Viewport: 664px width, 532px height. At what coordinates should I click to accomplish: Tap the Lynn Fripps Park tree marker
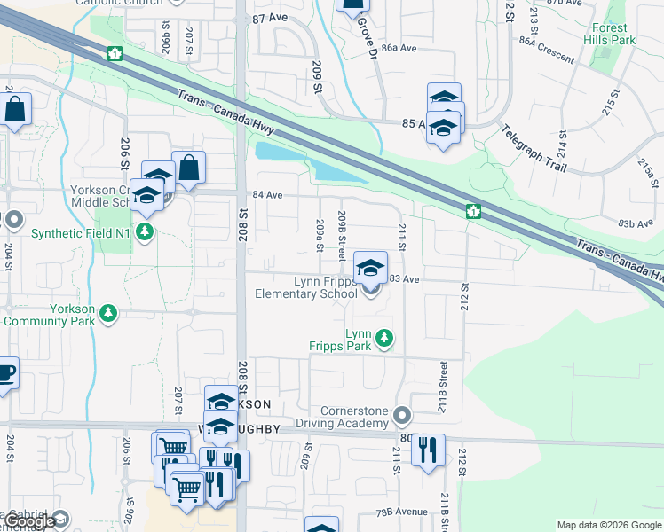click(x=384, y=338)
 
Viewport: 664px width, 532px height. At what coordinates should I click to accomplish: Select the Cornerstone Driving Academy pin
click(x=403, y=415)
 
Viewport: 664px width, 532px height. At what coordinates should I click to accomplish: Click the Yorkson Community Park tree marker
click(x=108, y=313)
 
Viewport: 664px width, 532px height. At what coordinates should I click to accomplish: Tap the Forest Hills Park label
click(x=611, y=34)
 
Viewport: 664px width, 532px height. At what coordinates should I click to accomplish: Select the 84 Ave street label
click(x=268, y=195)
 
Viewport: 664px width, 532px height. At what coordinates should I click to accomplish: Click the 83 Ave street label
click(x=404, y=278)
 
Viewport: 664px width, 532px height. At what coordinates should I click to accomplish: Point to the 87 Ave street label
click(x=270, y=18)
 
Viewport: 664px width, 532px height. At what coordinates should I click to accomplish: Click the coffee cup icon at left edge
click(x=4, y=373)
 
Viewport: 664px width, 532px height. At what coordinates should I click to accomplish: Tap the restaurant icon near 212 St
click(x=428, y=450)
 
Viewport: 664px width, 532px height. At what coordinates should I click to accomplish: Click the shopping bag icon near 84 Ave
click(x=189, y=168)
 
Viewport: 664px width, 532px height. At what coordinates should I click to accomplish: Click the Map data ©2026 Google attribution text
click(x=608, y=525)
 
